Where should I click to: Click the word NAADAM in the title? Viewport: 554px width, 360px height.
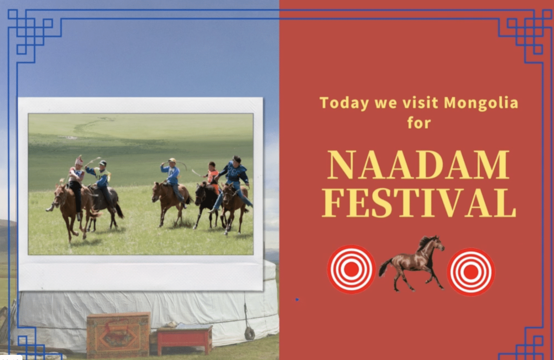click(419, 166)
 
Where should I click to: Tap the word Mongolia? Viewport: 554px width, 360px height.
click(481, 103)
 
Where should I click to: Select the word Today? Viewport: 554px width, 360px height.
click(344, 103)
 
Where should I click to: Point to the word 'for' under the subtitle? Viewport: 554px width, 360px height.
click(419, 123)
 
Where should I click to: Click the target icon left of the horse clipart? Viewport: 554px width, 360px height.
click(351, 270)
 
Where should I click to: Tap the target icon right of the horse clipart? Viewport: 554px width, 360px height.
click(471, 272)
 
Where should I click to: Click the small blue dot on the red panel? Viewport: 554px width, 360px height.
click(297, 300)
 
